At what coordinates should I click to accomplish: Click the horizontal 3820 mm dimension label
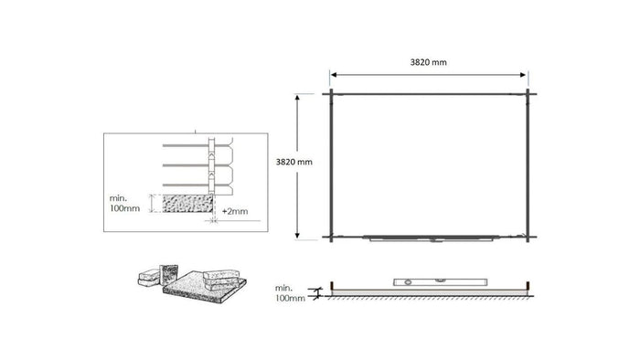[x=430, y=62]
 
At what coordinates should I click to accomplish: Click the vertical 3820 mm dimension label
[x=293, y=162]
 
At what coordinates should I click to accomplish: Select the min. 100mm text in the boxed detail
[x=124, y=202]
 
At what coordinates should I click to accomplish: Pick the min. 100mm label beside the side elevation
[x=289, y=292]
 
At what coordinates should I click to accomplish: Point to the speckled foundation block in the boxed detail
[x=189, y=202]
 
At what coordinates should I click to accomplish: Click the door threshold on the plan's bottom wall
[x=430, y=239]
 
